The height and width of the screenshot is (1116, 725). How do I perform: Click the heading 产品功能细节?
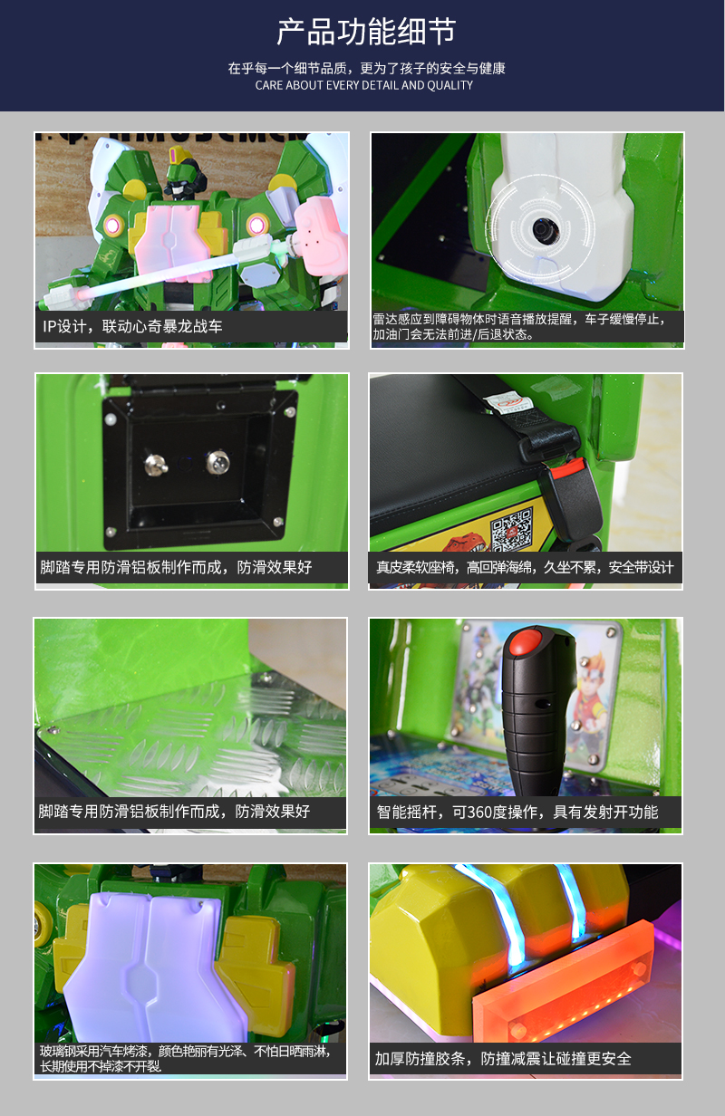365,33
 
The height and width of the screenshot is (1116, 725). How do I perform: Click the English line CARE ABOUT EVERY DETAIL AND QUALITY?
363,85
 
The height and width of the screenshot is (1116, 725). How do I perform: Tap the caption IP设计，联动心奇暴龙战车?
132,326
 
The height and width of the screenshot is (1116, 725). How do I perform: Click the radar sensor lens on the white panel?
542,230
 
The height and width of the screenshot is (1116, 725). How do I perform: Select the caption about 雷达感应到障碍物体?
527,326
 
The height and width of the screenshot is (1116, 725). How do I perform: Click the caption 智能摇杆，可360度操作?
517,812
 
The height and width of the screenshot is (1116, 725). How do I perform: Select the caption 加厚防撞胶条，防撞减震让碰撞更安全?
503,1058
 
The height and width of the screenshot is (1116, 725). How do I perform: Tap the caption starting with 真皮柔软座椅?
525,568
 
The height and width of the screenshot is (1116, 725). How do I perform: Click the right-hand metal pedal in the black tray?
217,463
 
